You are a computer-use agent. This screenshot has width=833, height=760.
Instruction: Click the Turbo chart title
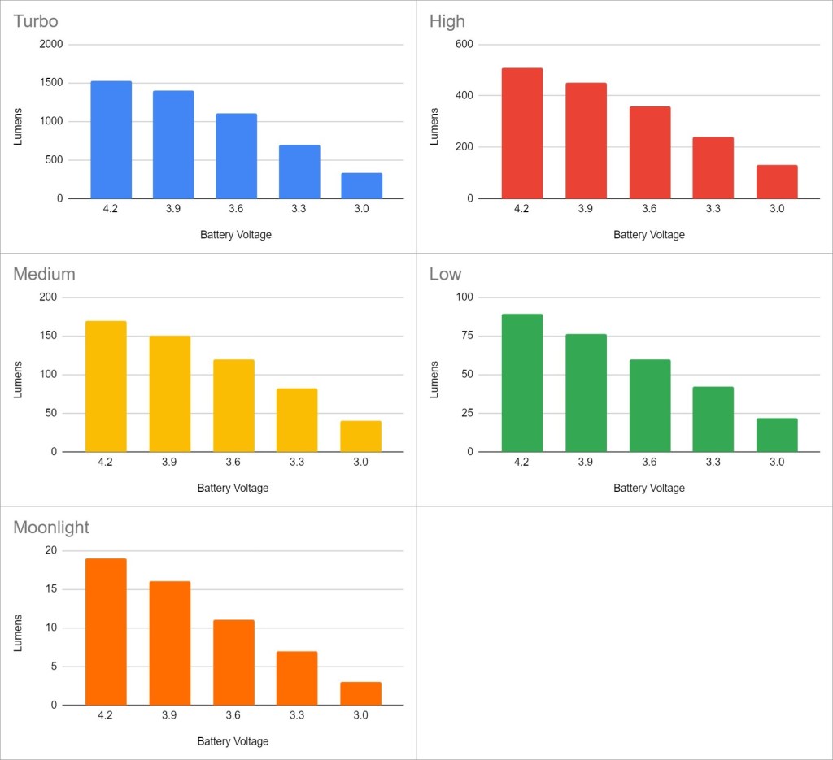[x=36, y=21]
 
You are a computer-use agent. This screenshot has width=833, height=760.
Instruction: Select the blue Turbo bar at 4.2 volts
[x=111, y=140]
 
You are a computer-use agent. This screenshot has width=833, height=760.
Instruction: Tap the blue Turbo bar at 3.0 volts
[x=361, y=185]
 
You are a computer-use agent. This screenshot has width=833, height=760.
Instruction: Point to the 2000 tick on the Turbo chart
[x=50, y=45]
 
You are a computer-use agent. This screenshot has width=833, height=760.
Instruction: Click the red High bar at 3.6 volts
[x=650, y=153]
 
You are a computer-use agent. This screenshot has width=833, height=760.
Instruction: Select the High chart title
[x=447, y=21]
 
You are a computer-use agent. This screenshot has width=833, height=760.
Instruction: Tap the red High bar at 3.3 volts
[x=713, y=168]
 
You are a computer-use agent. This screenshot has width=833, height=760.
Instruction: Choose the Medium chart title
[x=44, y=274]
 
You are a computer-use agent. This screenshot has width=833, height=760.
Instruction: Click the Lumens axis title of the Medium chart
[x=19, y=379]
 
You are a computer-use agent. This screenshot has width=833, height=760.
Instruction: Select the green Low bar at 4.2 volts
[x=522, y=383]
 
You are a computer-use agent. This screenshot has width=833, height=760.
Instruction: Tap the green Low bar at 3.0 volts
[x=777, y=435]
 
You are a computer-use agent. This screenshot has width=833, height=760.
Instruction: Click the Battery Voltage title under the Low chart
[x=648, y=489]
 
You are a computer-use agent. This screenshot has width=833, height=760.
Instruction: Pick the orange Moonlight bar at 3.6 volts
[x=233, y=662]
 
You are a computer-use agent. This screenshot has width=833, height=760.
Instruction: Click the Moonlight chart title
[x=51, y=528]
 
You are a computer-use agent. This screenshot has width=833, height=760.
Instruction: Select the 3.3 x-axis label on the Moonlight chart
[x=297, y=715]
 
